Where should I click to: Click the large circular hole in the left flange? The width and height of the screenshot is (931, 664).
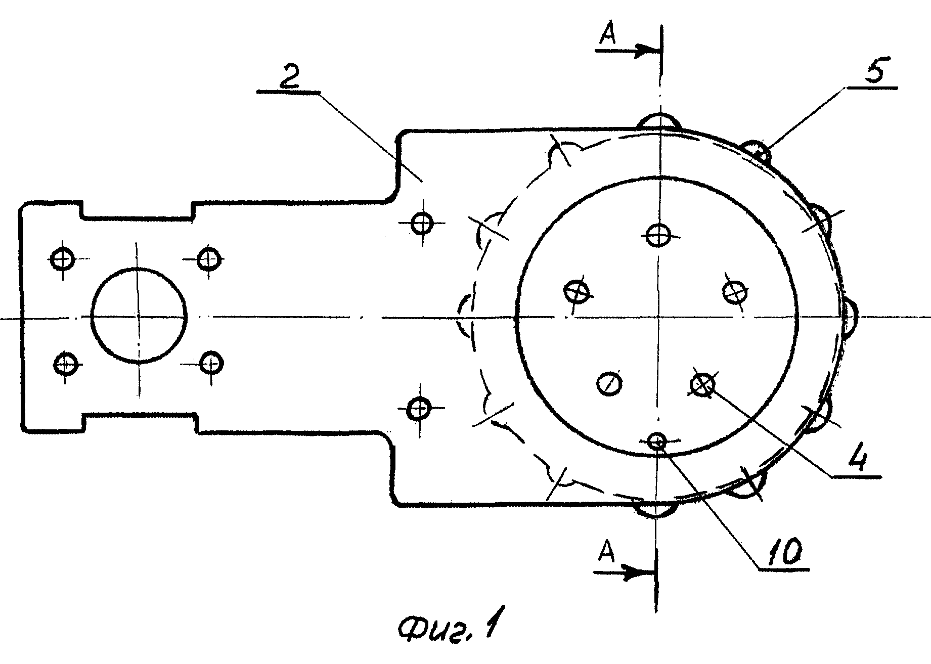point(139,316)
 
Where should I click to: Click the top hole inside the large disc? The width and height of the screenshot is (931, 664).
point(658,235)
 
